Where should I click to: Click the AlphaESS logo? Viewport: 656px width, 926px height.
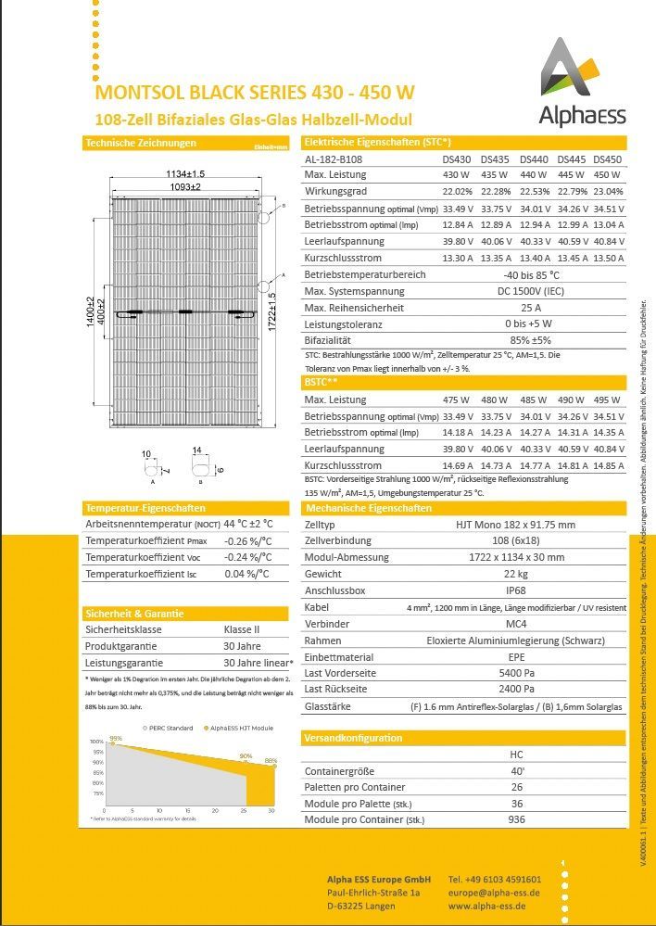pos(582,82)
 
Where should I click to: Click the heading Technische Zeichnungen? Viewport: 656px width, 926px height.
pos(140,144)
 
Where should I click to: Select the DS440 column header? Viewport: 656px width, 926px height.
pos(534,159)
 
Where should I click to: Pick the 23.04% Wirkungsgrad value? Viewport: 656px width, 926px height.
pos(607,191)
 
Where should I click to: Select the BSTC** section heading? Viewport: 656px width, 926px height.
pos(321,382)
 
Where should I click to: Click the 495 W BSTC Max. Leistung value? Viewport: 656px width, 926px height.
pos(607,400)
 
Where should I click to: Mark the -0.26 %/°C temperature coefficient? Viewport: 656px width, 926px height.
pos(247,541)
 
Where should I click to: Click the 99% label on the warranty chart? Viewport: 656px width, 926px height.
pos(116,739)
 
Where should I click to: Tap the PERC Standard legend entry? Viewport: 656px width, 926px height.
pos(170,728)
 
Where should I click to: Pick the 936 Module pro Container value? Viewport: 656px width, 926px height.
pos(516,820)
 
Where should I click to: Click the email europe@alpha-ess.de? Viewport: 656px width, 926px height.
pos(494,893)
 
